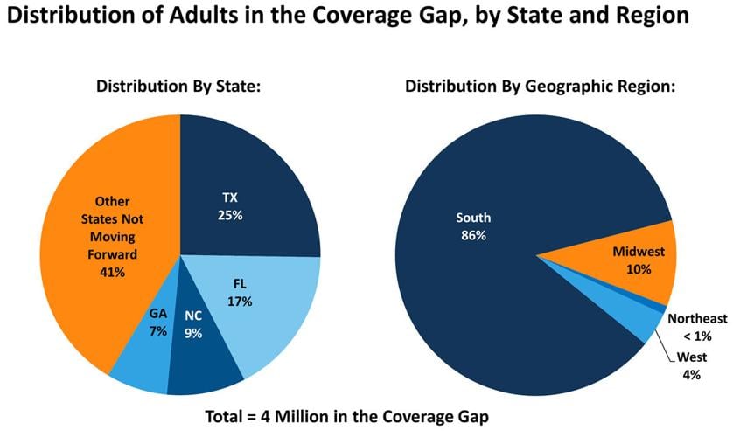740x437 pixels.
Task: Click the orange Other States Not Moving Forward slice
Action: pos(105,236)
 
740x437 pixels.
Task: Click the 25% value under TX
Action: pos(230,213)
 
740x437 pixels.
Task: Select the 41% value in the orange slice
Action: pos(113,273)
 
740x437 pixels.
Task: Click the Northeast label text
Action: pos(697,319)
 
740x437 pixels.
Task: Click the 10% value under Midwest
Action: pos(639,269)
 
